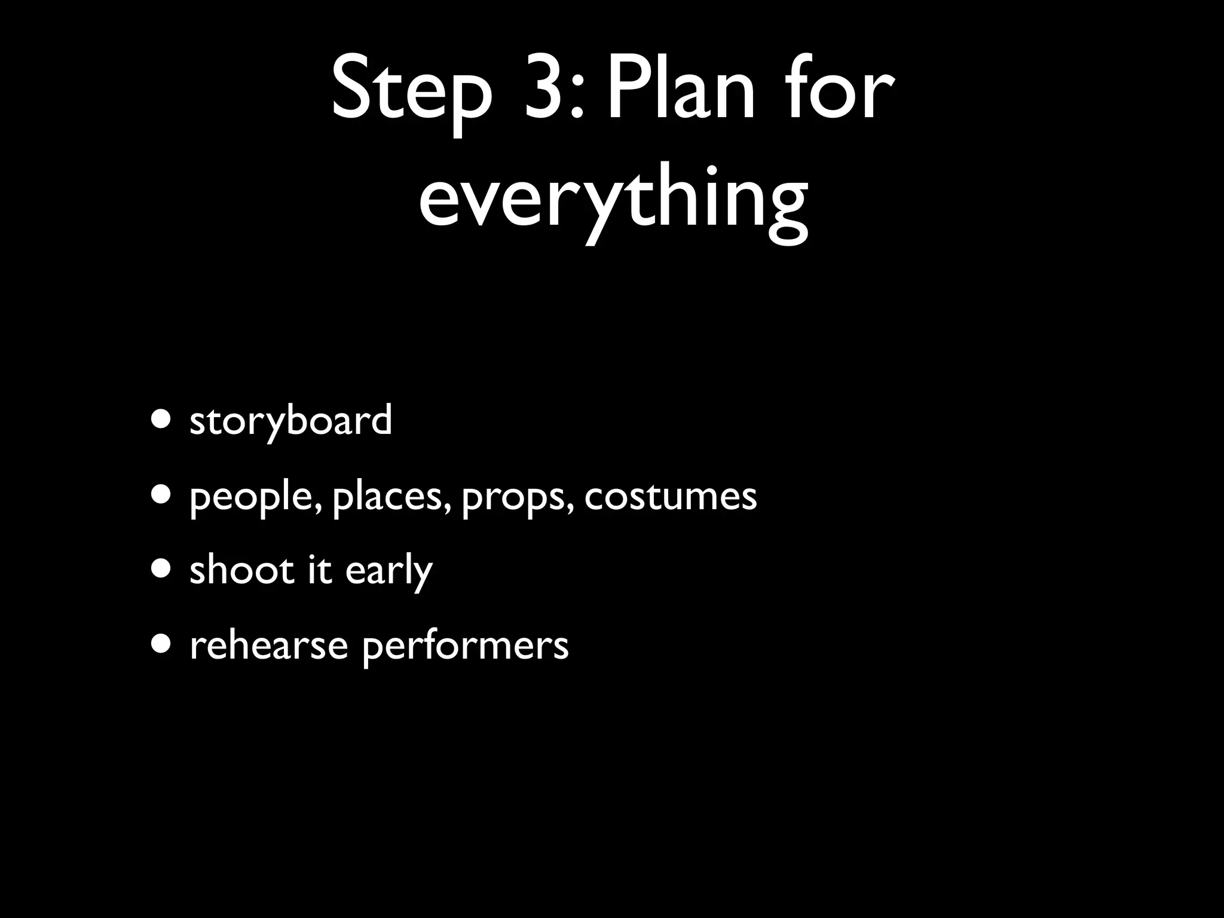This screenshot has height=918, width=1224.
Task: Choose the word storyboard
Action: click(x=290, y=420)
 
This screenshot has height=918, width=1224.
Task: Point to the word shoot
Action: click(x=241, y=570)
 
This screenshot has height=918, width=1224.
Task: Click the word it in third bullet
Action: click(x=320, y=570)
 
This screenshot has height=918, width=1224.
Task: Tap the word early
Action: click(x=388, y=571)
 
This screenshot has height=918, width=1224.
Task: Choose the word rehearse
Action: click(x=268, y=645)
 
